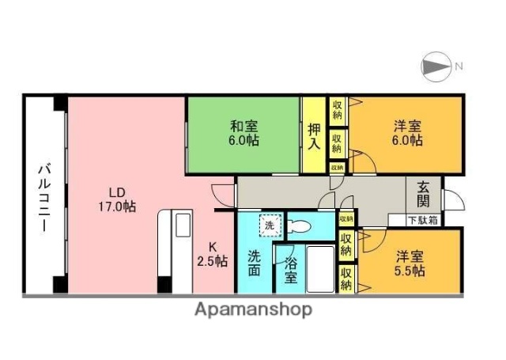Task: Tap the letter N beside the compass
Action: pos(458,67)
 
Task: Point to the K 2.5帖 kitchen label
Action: pos(213,252)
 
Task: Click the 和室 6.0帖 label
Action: pos(244,133)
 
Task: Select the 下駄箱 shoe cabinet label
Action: pos(422,221)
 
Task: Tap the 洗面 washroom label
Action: pos(254,263)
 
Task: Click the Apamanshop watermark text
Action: pos(253,309)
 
